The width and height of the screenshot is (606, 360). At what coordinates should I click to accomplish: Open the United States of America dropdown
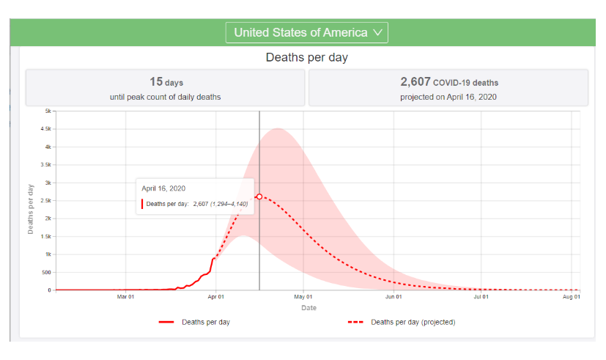(x=306, y=32)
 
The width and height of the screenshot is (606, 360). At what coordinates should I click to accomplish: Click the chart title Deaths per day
(x=306, y=57)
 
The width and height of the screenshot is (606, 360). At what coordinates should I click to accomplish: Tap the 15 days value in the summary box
(x=166, y=82)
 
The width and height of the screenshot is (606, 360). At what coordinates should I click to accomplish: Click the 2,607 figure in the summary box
(x=415, y=82)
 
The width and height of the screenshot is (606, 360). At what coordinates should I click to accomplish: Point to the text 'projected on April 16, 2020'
(x=448, y=97)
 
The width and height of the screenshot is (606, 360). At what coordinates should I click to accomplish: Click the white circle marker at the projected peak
(x=259, y=196)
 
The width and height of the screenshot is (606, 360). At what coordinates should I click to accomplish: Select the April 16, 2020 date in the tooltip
(x=163, y=188)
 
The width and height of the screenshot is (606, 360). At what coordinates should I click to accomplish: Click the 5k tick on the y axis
(x=47, y=111)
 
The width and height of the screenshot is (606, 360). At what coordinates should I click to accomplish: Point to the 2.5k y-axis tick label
(x=45, y=200)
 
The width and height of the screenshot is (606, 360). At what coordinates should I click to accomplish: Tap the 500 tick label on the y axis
(x=45, y=272)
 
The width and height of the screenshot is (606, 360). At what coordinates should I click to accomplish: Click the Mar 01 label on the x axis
(x=125, y=297)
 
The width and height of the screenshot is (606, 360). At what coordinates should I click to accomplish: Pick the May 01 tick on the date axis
(x=303, y=297)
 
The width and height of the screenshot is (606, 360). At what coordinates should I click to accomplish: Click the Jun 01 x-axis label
(x=393, y=297)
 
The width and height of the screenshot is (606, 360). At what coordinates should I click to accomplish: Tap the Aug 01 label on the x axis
(x=571, y=297)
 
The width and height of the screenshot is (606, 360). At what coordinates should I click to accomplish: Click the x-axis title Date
(x=308, y=308)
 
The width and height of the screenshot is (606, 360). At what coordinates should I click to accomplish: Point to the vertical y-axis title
(x=31, y=207)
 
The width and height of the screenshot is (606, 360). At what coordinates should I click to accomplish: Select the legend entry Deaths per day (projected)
(x=413, y=322)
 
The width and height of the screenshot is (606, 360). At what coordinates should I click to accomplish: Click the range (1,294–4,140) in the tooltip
(x=229, y=203)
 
